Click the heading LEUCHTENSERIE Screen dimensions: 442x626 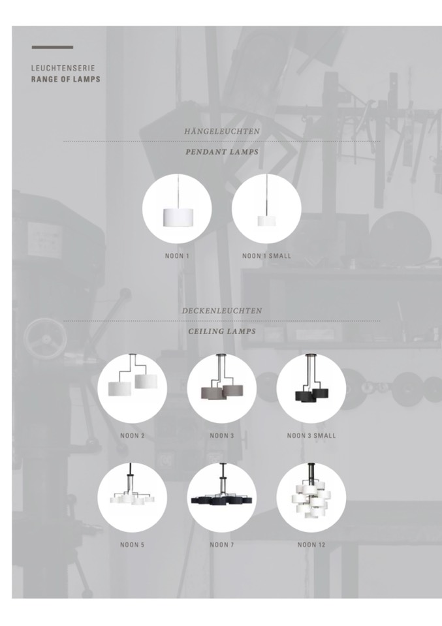pos(63,69)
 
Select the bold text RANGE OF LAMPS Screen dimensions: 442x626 pos(66,79)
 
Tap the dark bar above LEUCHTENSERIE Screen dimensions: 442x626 pos(52,47)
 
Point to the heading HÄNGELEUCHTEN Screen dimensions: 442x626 pos(222,131)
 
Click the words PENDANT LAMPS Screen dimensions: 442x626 pos(222,151)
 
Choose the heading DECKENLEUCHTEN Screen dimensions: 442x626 pos(222,311)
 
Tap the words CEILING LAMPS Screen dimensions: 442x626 pos(222,331)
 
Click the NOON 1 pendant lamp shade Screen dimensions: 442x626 pos(178,216)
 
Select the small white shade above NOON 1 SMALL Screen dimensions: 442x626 pos(266,221)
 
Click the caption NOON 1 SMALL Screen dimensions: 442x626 pos(267,256)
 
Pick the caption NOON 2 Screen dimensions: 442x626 pos(133,435)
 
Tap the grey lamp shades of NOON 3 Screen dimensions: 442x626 pos(222,391)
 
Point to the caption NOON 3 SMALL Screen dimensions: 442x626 pos(311,435)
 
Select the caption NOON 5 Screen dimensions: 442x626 pos(133,544)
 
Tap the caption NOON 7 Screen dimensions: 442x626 pos(222,544)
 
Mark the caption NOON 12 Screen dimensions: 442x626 pos(311,544)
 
